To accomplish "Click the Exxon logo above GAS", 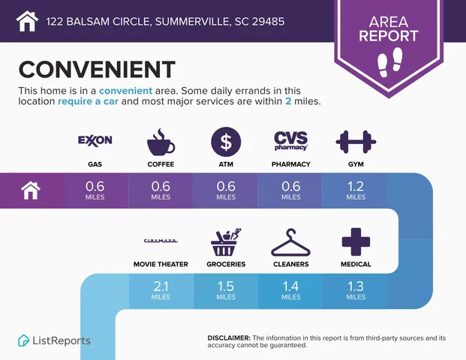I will (95, 140).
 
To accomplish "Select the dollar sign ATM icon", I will (225, 141).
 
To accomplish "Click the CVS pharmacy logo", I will (290, 140).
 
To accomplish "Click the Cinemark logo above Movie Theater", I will (160, 240).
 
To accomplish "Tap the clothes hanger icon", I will (290, 241).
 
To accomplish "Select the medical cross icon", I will (356, 241).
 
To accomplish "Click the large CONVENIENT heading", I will (96, 69).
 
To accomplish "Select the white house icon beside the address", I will (27, 21).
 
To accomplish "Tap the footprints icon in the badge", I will (388, 60).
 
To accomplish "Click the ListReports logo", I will (54, 340).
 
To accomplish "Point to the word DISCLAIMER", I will (228, 338).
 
